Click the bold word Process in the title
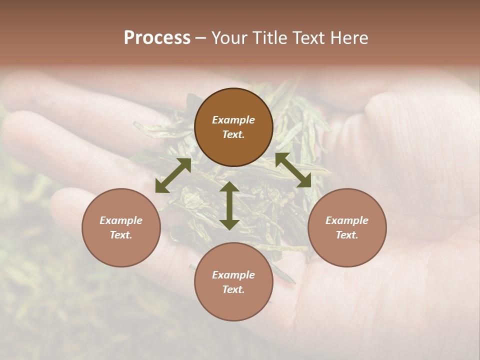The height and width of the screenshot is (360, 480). click(157, 38)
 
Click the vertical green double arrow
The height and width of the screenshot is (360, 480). click(229, 205)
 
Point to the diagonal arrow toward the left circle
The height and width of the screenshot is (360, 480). click(173, 175)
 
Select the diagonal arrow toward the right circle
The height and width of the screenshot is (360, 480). click(293, 170)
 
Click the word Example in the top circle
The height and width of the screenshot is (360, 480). click(233, 120)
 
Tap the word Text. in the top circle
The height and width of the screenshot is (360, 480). click(233, 134)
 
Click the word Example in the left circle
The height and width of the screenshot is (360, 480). click(121, 220)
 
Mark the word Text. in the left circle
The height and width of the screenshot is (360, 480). click(121, 235)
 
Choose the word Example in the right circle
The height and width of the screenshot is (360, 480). click(347, 220)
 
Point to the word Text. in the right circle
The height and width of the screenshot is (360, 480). click(347, 235)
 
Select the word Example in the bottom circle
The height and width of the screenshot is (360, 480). click(233, 275)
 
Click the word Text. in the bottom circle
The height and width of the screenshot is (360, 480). click(233, 289)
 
